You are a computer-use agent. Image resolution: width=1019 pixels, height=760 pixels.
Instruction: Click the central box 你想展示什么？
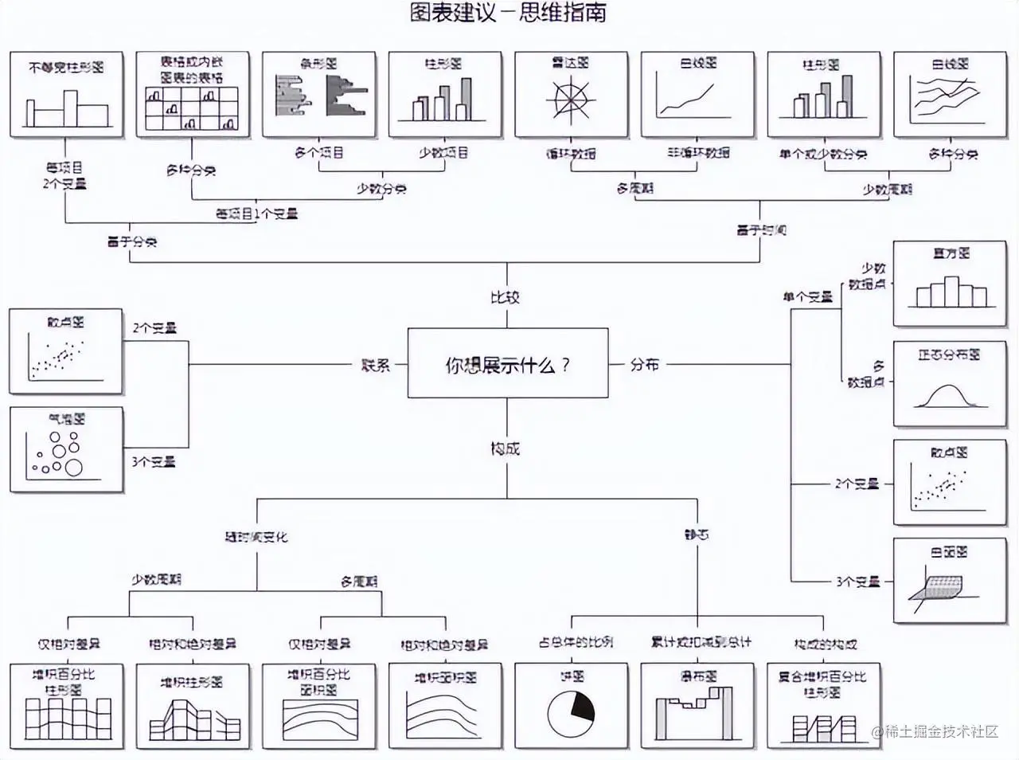click(507, 363)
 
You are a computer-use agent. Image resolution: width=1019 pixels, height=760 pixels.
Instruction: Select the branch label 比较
click(505, 297)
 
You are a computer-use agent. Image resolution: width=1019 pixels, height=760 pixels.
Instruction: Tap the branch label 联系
click(375, 365)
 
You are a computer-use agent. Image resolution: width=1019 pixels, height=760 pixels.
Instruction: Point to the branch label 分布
click(644, 364)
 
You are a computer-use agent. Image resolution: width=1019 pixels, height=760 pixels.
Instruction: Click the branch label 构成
click(505, 449)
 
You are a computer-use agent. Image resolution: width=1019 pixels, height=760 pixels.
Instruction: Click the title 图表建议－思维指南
click(508, 14)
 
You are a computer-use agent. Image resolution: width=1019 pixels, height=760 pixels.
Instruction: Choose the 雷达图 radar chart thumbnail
click(571, 95)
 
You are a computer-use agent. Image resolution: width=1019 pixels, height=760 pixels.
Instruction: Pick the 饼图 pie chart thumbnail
click(571, 706)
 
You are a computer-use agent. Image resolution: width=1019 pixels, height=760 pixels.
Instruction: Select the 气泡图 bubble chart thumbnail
click(67, 449)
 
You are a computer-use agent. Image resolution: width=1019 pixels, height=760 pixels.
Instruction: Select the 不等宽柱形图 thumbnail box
click(67, 95)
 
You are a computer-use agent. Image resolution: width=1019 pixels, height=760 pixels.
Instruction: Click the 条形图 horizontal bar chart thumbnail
click(318, 95)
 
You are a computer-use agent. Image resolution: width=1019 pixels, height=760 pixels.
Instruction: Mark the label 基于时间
click(760, 230)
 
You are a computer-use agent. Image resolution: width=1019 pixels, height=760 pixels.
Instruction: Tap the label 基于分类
click(132, 241)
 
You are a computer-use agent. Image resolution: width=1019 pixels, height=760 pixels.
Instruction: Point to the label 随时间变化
click(256, 537)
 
